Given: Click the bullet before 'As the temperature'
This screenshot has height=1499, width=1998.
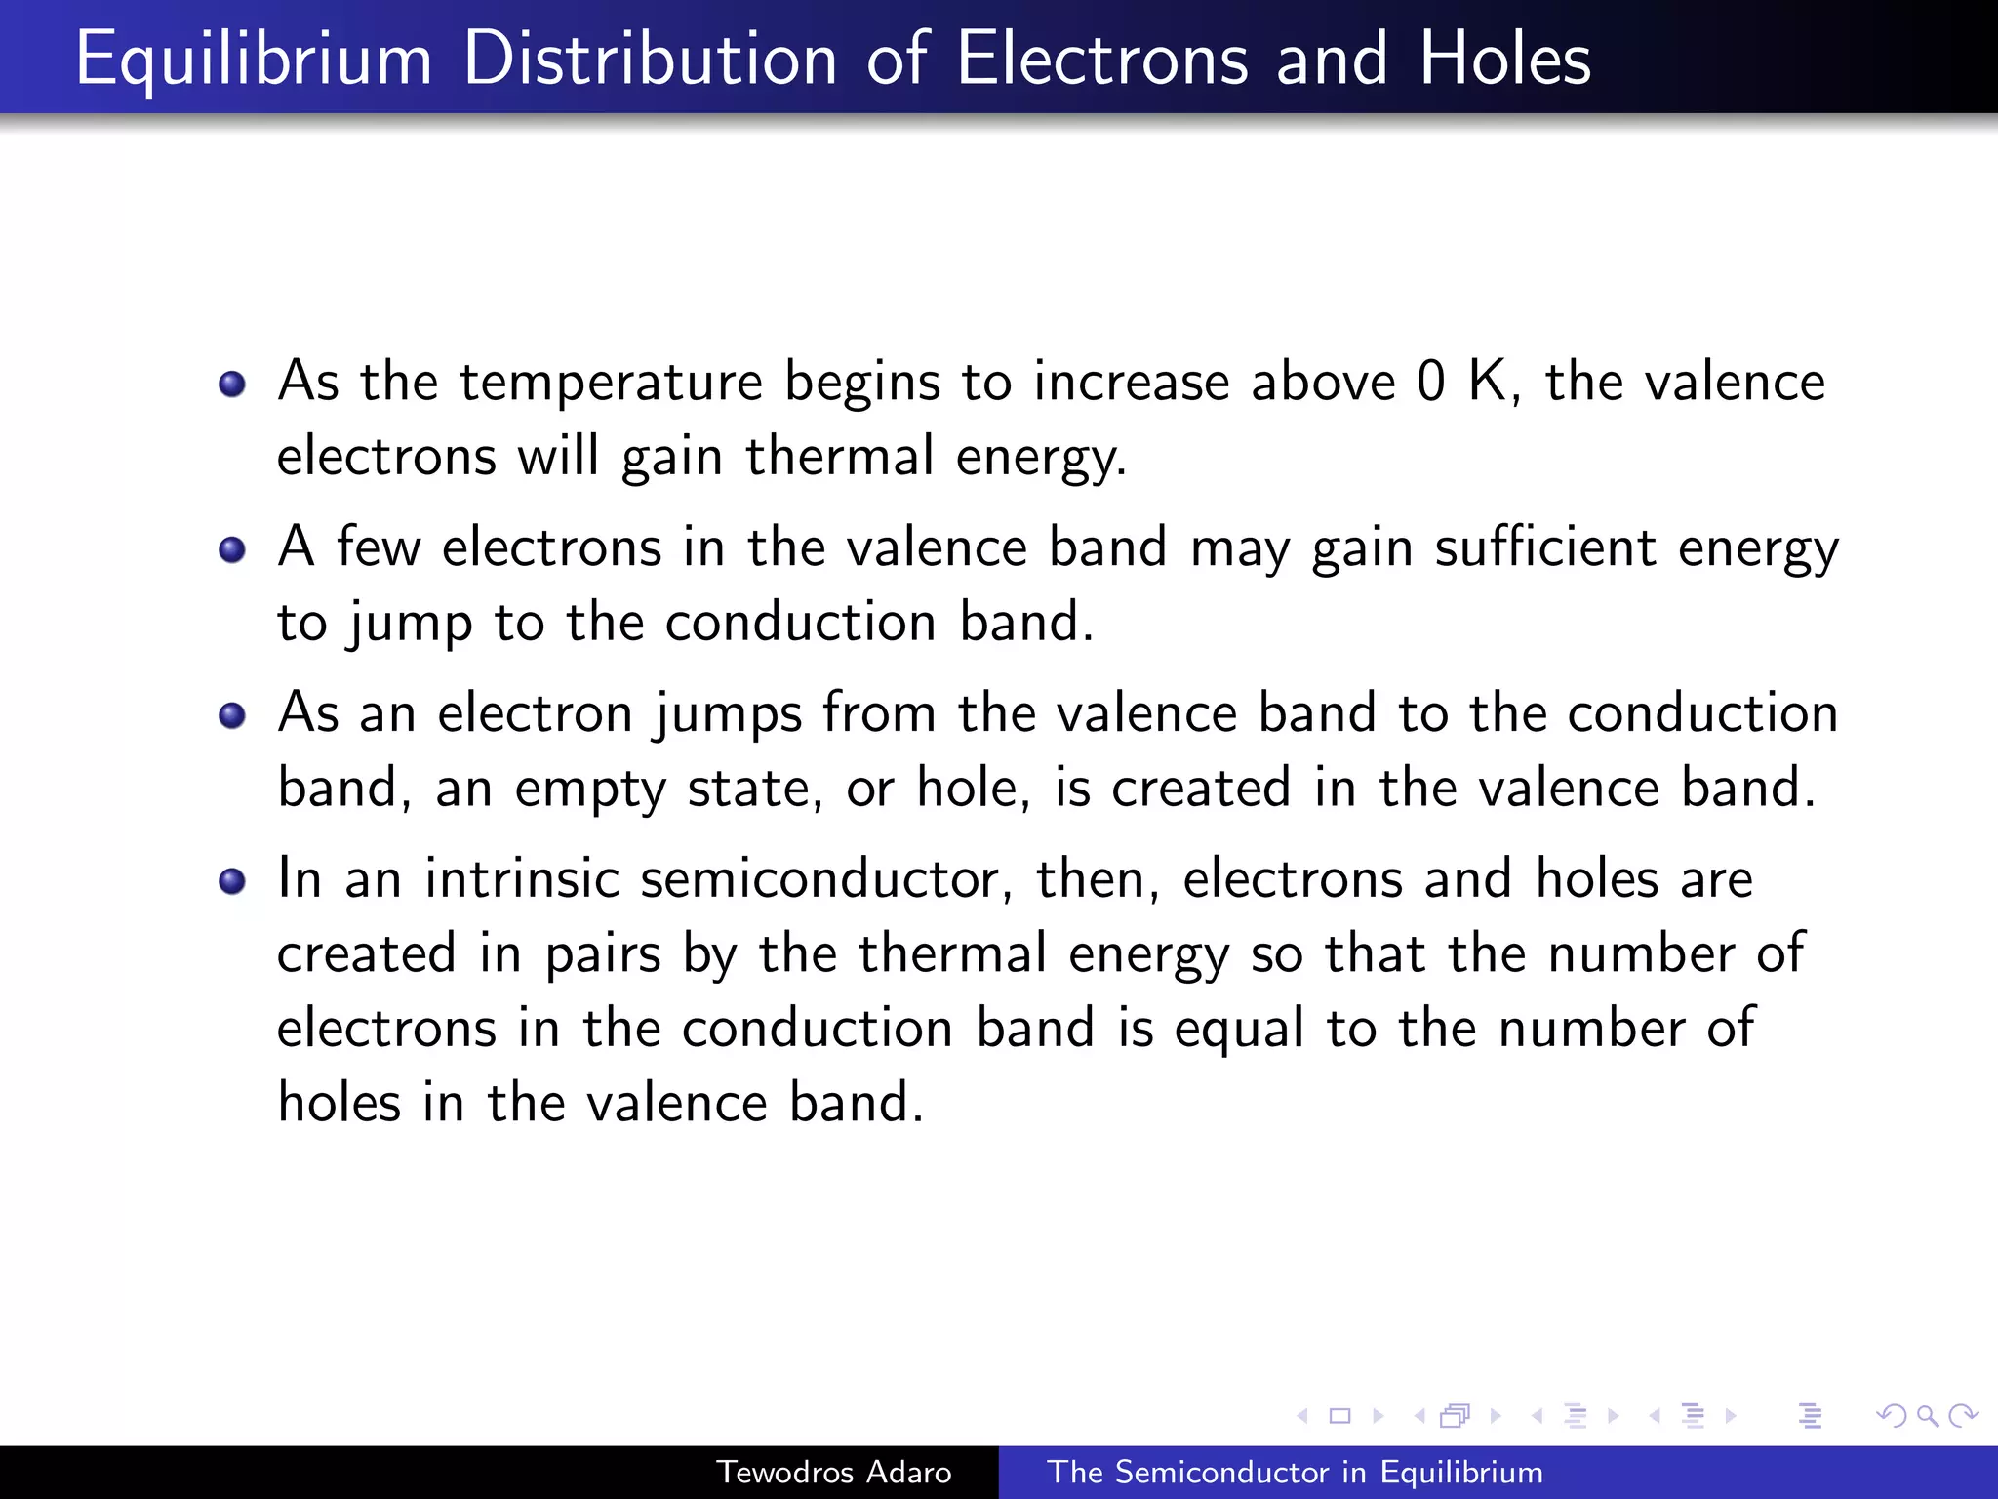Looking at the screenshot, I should [232, 384].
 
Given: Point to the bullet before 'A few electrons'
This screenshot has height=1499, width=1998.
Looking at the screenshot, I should [232, 549].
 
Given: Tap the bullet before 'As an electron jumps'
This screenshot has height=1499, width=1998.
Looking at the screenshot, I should [232, 715].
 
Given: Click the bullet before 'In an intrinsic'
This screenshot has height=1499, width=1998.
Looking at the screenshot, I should [232, 881].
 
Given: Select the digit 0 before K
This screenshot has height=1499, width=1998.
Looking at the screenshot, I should [1430, 382].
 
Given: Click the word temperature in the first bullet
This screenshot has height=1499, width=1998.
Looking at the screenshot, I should [611, 382].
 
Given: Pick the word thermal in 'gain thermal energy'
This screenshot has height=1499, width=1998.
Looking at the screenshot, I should [840, 457].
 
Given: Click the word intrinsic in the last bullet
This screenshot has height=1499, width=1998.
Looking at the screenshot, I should [522, 878].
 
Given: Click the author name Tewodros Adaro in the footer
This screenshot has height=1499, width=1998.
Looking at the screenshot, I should [834, 1472].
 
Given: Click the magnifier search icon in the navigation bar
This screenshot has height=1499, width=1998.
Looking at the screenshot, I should [1927, 1415].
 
